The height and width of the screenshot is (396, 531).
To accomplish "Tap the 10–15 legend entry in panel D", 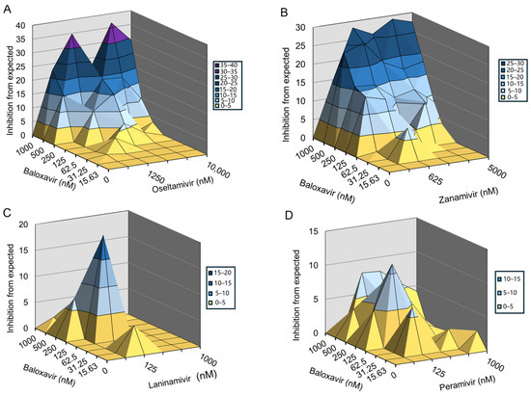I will (504, 277).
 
